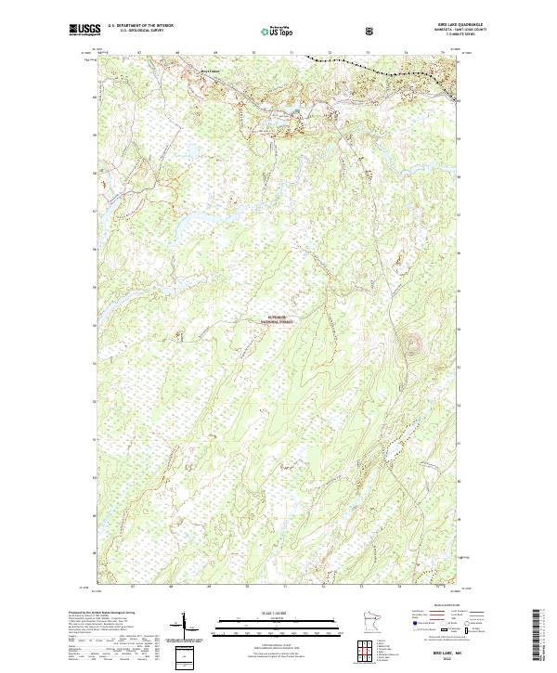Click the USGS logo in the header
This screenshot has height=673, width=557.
click(85, 31)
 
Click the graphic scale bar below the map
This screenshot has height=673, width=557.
click(278, 624)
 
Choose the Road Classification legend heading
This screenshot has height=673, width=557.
click(436, 602)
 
